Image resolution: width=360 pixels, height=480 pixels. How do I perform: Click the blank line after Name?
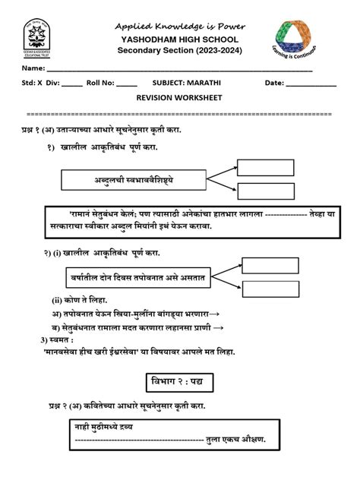click(x=182, y=71)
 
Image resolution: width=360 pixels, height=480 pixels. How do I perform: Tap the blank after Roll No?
click(x=128, y=84)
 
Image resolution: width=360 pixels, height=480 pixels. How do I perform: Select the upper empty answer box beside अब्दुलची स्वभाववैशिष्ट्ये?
click(x=265, y=168)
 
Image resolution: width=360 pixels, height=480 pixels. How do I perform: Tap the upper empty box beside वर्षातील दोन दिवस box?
click(x=270, y=265)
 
